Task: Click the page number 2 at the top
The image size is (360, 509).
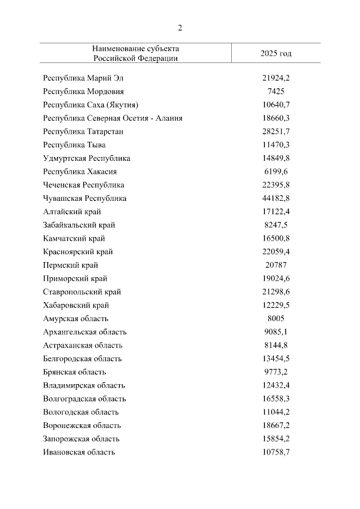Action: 180,28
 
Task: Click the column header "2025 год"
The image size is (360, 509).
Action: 276,53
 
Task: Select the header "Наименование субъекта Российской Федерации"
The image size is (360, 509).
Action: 136,53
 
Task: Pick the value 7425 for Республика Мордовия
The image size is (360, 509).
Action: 276,91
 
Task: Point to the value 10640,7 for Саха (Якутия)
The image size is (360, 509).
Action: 276,105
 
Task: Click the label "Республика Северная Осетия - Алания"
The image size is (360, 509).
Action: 112,118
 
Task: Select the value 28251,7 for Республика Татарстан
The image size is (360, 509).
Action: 276,132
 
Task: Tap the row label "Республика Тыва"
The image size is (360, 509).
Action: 74,145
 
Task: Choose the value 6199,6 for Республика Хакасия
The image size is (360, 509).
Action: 276,172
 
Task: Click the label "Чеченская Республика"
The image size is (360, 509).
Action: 83,185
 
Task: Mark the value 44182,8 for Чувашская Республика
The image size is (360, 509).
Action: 276,199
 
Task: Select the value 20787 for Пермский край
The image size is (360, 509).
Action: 276,265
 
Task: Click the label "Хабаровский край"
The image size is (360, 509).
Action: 76,305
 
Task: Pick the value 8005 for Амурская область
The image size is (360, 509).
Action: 276,318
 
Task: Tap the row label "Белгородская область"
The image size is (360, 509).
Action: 82,359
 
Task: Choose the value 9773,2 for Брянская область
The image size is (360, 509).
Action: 276,372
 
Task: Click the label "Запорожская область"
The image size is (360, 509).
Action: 82,439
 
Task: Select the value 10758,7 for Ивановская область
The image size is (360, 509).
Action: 276,452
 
